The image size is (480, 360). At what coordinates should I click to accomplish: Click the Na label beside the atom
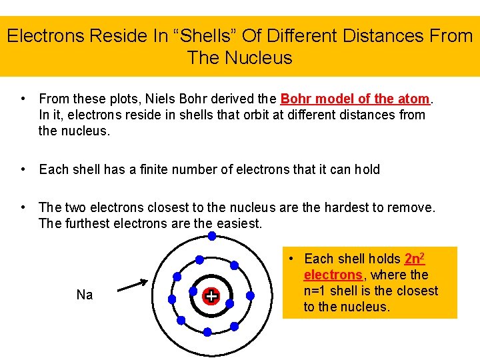[85, 295]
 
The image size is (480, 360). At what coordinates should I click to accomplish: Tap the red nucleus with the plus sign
[211, 296]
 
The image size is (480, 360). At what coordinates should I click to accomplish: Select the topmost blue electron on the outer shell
[211, 236]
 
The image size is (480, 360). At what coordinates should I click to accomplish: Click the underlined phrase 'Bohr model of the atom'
[355, 99]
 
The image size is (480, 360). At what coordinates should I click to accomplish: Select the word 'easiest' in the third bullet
[238, 223]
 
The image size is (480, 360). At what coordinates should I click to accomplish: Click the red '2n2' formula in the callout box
[415, 258]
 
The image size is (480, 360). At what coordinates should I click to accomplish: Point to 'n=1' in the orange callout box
[317, 291]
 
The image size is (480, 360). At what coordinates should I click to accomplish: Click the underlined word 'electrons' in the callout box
[333, 275]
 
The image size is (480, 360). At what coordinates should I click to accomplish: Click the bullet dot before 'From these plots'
[23, 99]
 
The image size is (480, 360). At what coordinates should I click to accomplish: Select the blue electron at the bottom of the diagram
[207, 331]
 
